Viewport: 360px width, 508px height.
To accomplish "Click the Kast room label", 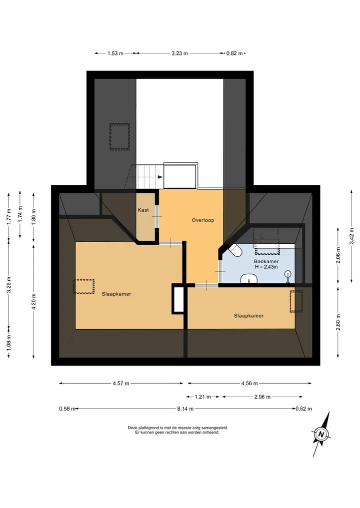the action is (x=143, y=210).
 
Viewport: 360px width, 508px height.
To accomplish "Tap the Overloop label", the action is (x=202, y=220).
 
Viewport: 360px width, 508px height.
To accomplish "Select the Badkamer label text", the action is (x=266, y=261).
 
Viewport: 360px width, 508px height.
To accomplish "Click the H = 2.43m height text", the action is (x=266, y=267).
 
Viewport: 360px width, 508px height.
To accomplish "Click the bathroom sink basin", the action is (x=249, y=279).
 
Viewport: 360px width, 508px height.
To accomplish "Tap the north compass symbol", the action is (x=321, y=434).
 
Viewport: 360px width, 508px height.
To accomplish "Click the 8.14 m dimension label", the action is (x=185, y=409).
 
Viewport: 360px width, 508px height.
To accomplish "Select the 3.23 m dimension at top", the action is (x=179, y=53).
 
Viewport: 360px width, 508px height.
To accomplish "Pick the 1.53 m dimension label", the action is (x=115, y=53).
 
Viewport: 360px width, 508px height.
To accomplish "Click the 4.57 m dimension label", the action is (x=121, y=384).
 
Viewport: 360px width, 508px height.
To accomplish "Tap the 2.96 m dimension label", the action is (x=262, y=397).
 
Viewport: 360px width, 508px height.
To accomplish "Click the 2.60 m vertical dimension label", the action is (x=338, y=322).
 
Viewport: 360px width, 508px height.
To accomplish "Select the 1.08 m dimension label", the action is (x=9, y=343).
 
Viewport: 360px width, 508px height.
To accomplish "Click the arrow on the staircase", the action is (x=160, y=177).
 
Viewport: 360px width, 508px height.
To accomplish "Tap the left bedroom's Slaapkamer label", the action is (x=116, y=294).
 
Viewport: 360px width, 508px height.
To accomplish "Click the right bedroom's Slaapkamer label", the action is (x=249, y=316).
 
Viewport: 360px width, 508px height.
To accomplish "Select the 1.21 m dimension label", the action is (x=203, y=397).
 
